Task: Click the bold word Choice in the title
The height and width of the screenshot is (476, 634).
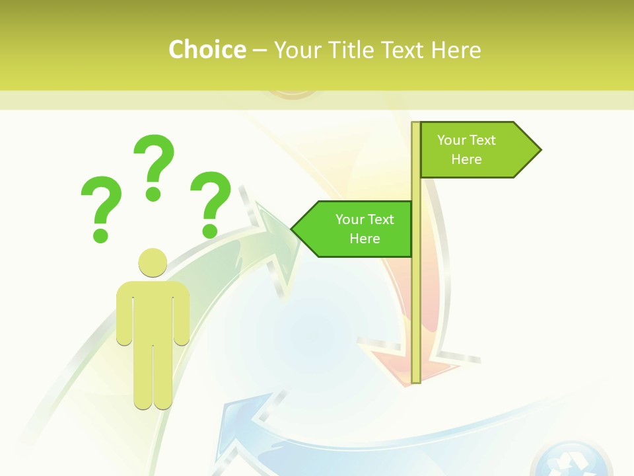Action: point(207,50)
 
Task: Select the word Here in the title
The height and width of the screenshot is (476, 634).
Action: point(456,50)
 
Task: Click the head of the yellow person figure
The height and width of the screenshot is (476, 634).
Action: point(153,262)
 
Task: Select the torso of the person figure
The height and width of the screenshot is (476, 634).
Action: point(153,311)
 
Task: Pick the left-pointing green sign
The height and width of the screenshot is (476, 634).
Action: point(353,229)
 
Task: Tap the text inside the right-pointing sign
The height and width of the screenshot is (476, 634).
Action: point(466,149)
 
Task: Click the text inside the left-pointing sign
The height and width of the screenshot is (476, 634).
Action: point(365,229)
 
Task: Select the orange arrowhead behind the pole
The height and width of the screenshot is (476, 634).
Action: point(396,364)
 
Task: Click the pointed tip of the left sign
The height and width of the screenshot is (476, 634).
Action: point(293,229)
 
